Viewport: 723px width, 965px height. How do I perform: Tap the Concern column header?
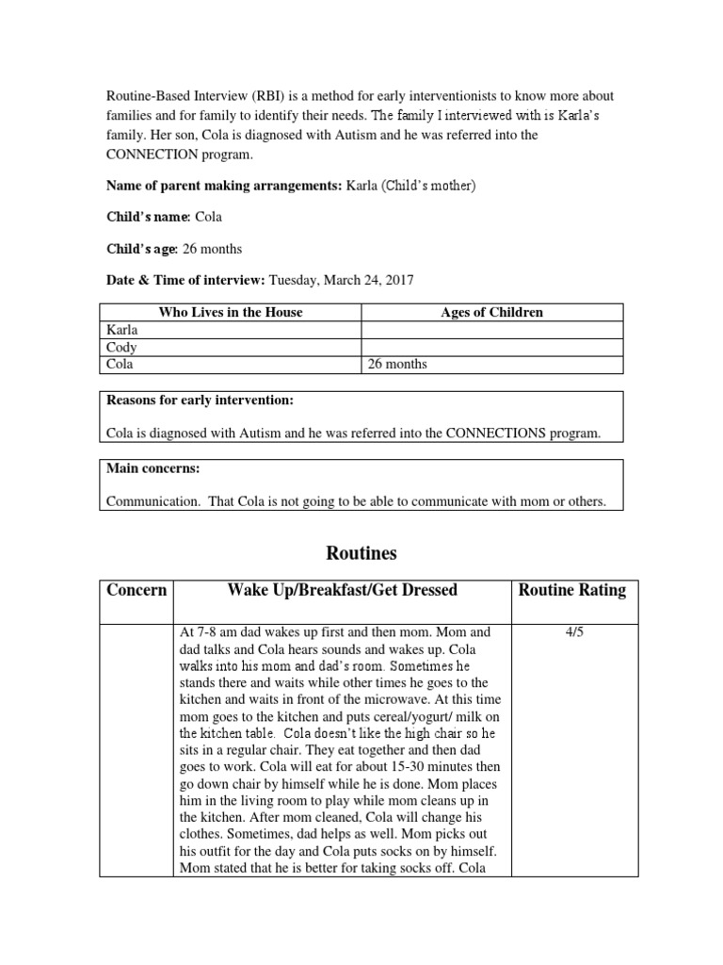(x=137, y=591)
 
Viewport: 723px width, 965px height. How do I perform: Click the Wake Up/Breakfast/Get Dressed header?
(x=342, y=591)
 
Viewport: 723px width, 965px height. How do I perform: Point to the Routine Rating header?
(x=572, y=591)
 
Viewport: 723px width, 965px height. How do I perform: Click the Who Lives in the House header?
(x=231, y=313)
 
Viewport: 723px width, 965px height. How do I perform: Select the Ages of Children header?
(x=491, y=313)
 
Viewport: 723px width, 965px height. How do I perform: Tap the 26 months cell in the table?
(x=398, y=365)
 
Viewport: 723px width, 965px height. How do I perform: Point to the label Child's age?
(x=142, y=249)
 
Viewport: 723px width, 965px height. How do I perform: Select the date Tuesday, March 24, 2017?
(x=341, y=280)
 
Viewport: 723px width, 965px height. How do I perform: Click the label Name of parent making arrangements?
(x=225, y=186)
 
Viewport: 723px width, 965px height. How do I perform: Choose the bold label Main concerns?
(x=149, y=468)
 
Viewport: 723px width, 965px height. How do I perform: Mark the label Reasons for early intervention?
(x=200, y=401)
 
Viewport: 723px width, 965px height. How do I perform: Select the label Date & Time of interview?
(x=185, y=280)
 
